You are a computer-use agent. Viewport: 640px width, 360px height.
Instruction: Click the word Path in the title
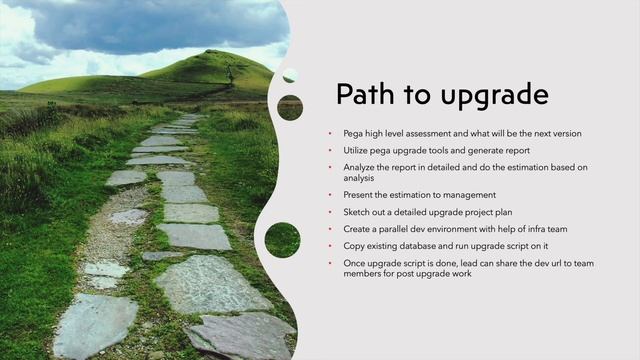pos(360,95)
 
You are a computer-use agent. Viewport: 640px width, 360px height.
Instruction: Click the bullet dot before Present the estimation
pos(332,196)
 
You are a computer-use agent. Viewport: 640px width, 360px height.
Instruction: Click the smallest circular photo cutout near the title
pos(290,76)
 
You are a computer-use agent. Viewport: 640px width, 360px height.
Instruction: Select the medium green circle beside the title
pos(290,107)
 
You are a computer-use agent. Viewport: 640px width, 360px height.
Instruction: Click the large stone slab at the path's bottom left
pos(95,325)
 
